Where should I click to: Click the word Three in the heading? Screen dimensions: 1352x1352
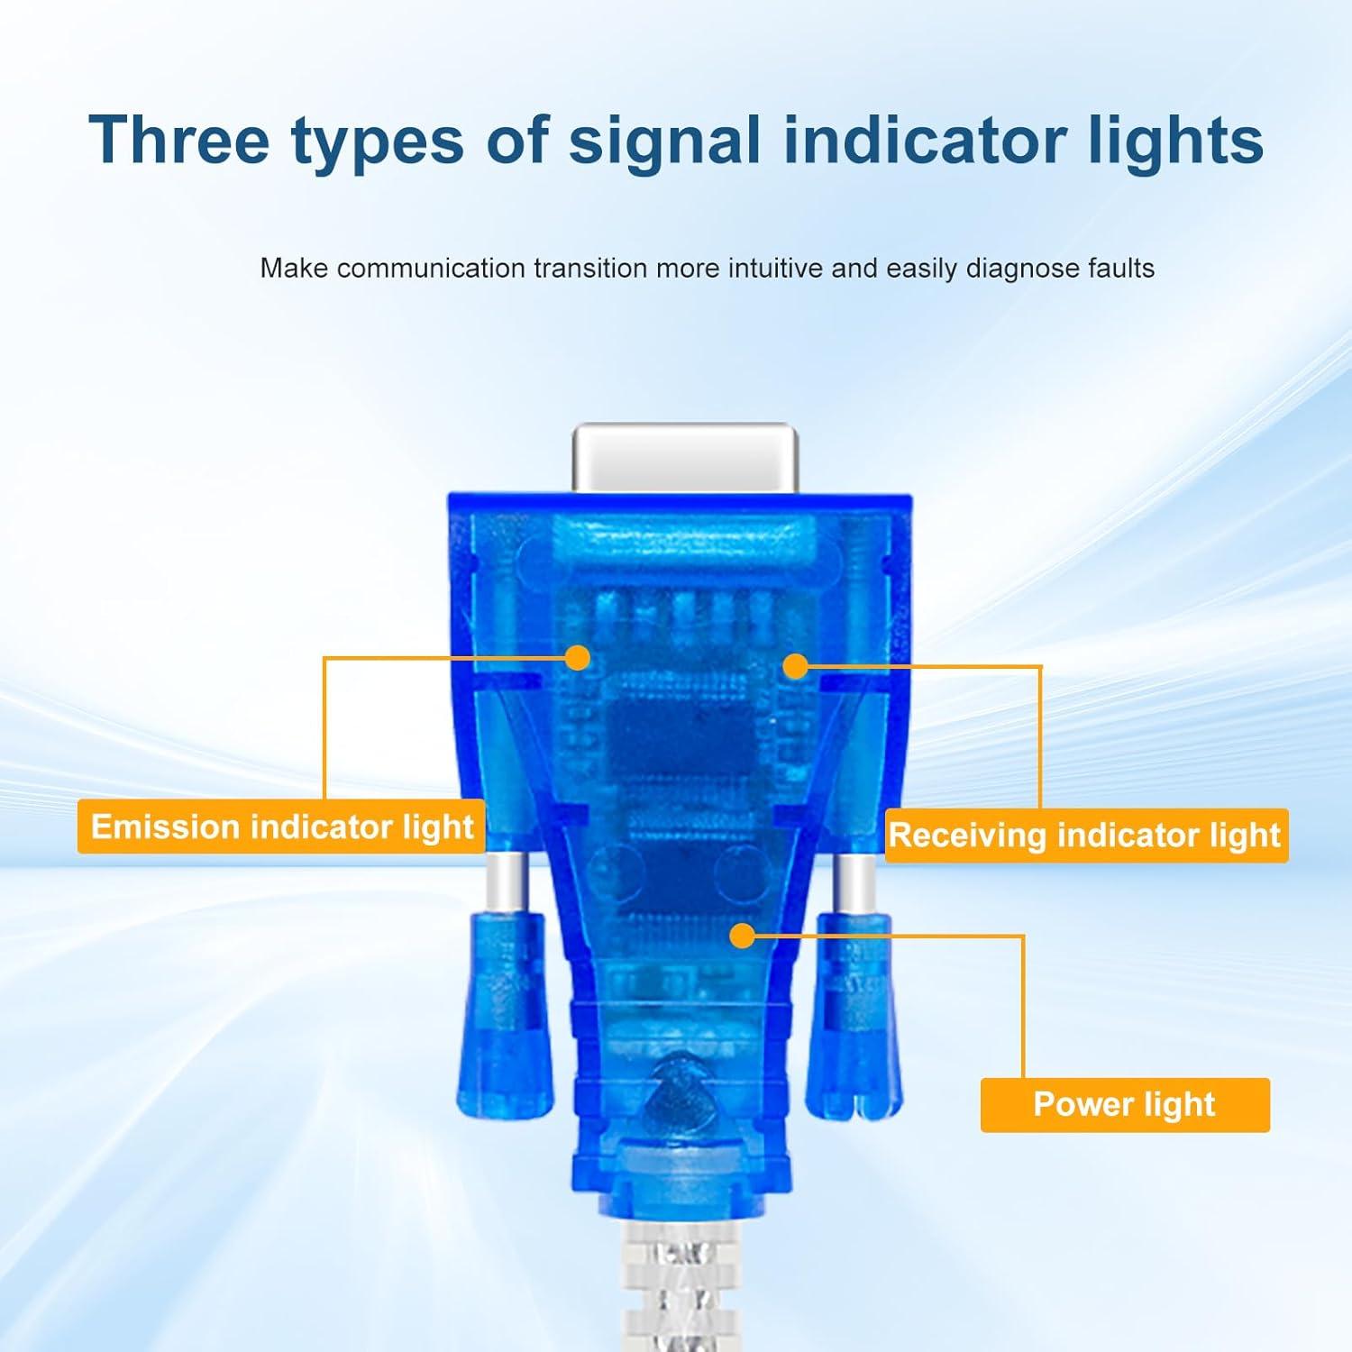click(x=178, y=140)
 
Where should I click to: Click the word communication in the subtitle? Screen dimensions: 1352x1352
click(x=431, y=268)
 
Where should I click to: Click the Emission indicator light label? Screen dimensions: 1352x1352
click(x=281, y=827)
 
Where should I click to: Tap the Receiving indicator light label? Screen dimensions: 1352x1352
click(x=1086, y=836)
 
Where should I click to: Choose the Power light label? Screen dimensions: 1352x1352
click(x=1125, y=1104)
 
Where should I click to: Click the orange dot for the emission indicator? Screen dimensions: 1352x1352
click(x=577, y=658)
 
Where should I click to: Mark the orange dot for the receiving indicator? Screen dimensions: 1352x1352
click(x=795, y=666)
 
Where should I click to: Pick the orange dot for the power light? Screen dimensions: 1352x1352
click(x=742, y=936)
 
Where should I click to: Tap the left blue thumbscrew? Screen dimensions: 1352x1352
click(x=506, y=1016)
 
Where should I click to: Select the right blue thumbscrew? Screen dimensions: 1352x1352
click(x=853, y=1016)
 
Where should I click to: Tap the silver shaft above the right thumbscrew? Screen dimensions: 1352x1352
click(x=852, y=884)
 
